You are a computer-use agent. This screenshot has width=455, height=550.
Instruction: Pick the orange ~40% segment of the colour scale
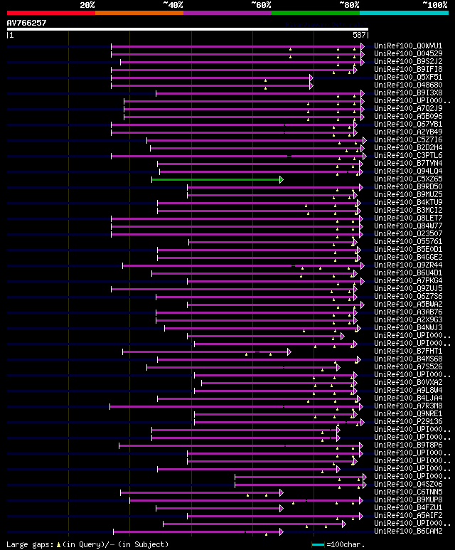click(x=139, y=13)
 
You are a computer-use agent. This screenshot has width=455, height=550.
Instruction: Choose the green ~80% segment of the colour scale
click(x=315, y=13)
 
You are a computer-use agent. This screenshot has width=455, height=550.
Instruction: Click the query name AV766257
click(x=26, y=23)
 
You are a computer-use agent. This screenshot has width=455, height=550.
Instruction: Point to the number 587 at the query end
click(x=359, y=35)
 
